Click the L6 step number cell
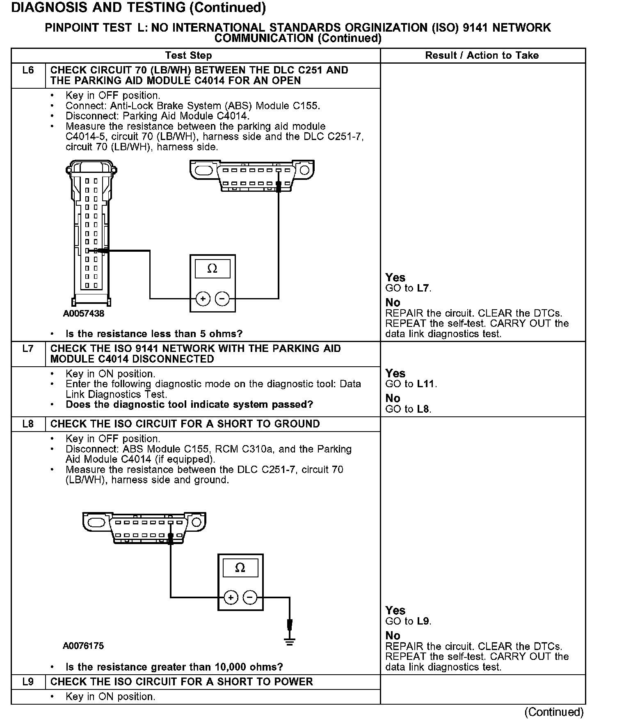coord(28,71)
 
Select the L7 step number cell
coord(28,349)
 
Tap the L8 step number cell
coord(28,424)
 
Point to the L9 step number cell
coord(28,682)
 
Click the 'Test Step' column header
coord(188,55)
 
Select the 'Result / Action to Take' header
coord(482,55)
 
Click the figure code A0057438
coord(84,314)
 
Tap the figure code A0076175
coord(83,646)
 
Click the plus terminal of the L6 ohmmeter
coord(203,299)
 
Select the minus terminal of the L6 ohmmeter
coord(222,299)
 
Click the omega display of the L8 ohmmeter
coord(240,568)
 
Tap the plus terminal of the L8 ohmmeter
coord(231,597)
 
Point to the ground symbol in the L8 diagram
coord(290,641)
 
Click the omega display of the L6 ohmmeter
coord(212,269)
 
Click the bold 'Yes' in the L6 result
coord(395,278)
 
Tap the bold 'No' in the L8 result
coord(393,636)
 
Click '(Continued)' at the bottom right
coord(553,712)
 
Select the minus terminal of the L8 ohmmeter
coord(250,597)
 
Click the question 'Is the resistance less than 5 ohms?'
coord(154,333)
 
